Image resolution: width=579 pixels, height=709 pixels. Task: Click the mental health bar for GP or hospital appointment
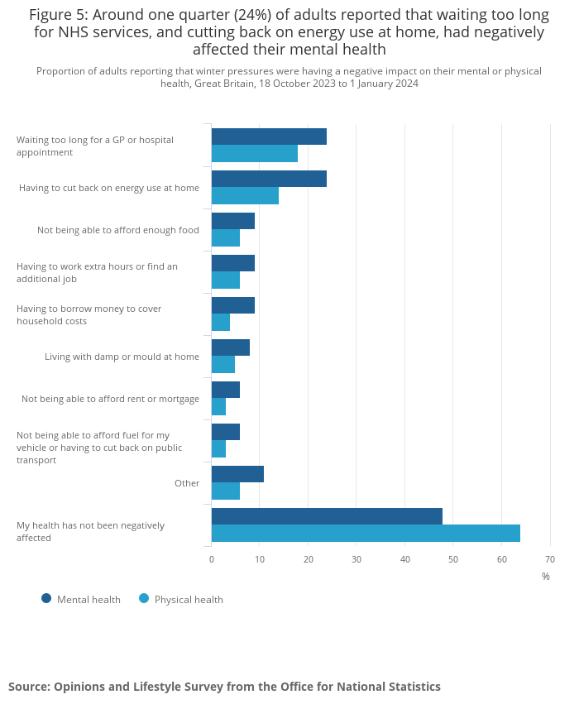pos(269,137)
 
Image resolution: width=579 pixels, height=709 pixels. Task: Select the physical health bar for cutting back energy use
pos(245,196)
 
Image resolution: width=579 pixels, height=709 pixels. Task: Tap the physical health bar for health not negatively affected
pos(366,534)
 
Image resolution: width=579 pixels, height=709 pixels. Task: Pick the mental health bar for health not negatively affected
pos(327,516)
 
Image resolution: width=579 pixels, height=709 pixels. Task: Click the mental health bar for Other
pos(237,474)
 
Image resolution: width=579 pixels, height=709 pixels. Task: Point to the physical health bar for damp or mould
pos(223,365)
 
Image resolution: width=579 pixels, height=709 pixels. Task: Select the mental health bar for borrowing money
pos(233,305)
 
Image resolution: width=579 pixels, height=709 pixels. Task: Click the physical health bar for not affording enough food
pos(226,238)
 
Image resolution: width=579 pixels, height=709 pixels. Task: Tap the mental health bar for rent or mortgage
pos(226,390)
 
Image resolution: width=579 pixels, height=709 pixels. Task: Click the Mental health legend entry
pos(81,599)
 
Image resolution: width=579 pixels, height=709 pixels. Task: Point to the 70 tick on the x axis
pos(550,560)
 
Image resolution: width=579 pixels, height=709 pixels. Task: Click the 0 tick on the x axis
pos(212,560)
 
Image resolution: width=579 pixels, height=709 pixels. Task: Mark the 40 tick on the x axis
pos(405,560)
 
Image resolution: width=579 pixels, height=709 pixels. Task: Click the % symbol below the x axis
pos(546,577)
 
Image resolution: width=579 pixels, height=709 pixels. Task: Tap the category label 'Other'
pos(187,483)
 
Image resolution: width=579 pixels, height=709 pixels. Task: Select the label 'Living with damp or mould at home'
pos(122,357)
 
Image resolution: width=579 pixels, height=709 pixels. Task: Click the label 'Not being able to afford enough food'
pos(118,230)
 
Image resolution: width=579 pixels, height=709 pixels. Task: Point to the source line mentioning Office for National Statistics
pos(224,687)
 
